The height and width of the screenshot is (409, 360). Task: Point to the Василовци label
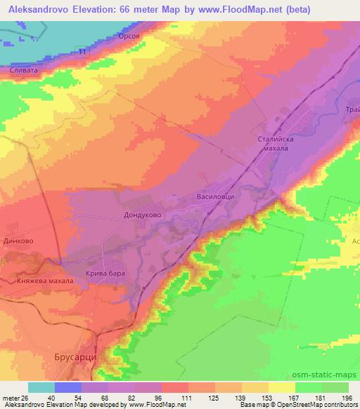tap(216, 197)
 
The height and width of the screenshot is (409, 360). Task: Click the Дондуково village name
tap(143, 216)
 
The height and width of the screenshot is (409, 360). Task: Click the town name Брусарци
tap(75, 358)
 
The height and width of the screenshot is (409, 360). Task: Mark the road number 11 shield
tap(83, 53)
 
